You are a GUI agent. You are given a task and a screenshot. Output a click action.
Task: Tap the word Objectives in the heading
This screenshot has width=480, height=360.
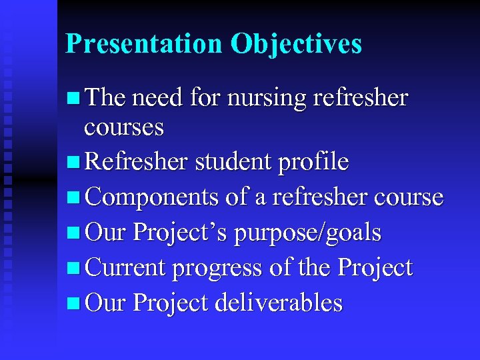pyautogui.click(x=296, y=44)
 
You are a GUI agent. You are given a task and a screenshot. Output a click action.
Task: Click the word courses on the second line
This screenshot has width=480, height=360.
pyautogui.click(x=123, y=127)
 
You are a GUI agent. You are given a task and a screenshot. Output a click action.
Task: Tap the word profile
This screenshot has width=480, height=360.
pyautogui.click(x=315, y=161)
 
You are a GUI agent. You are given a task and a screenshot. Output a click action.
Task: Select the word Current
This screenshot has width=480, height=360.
pyautogui.click(x=126, y=268)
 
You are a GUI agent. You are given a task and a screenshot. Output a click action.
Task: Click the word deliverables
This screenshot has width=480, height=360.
pyautogui.click(x=279, y=303)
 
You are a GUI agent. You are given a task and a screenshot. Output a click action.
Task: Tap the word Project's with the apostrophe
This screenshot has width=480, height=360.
pyautogui.click(x=178, y=233)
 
